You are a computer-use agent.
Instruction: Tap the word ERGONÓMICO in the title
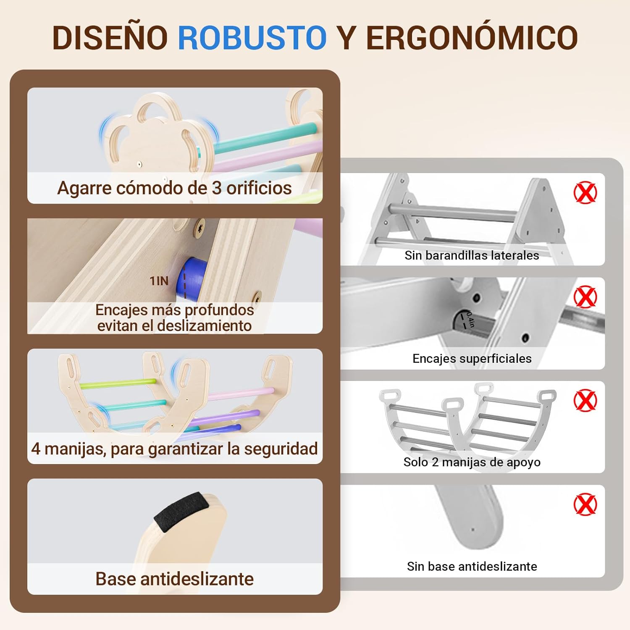pyautogui.click(x=472, y=37)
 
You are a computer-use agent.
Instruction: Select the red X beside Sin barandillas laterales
pyautogui.click(x=585, y=193)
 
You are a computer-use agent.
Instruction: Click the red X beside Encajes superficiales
pyautogui.click(x=585, y=297)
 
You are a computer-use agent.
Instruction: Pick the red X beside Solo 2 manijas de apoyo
pyautogui.click(x=585, y=400)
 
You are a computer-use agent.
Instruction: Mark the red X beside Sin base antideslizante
pyautogui.click(x=585, y=504)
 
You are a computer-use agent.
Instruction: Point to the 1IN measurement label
pyautogui.click(x=159, y=281)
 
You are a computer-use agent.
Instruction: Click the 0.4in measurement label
pyautogui.click(x=470, y=320)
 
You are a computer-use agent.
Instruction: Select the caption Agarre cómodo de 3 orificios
pyautogui.click(x=174, y=188)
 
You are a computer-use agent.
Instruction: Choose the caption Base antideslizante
pyautogui.click(x=174, y=579)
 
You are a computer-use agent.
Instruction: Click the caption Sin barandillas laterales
pyautogui.click(x=472, y=255)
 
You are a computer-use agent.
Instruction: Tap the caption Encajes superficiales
pyautogui.click(x=472, y=359)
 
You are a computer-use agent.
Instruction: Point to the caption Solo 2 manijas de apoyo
pyautogui.click(x=472, y=462)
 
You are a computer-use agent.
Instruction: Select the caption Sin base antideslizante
pyautogui.click(x=472, y=566)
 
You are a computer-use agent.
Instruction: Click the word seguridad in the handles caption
pyautogui.click(x=281, y=449)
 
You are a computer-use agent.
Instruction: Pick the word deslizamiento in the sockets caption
pyautogui.click(x=198, y=326)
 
